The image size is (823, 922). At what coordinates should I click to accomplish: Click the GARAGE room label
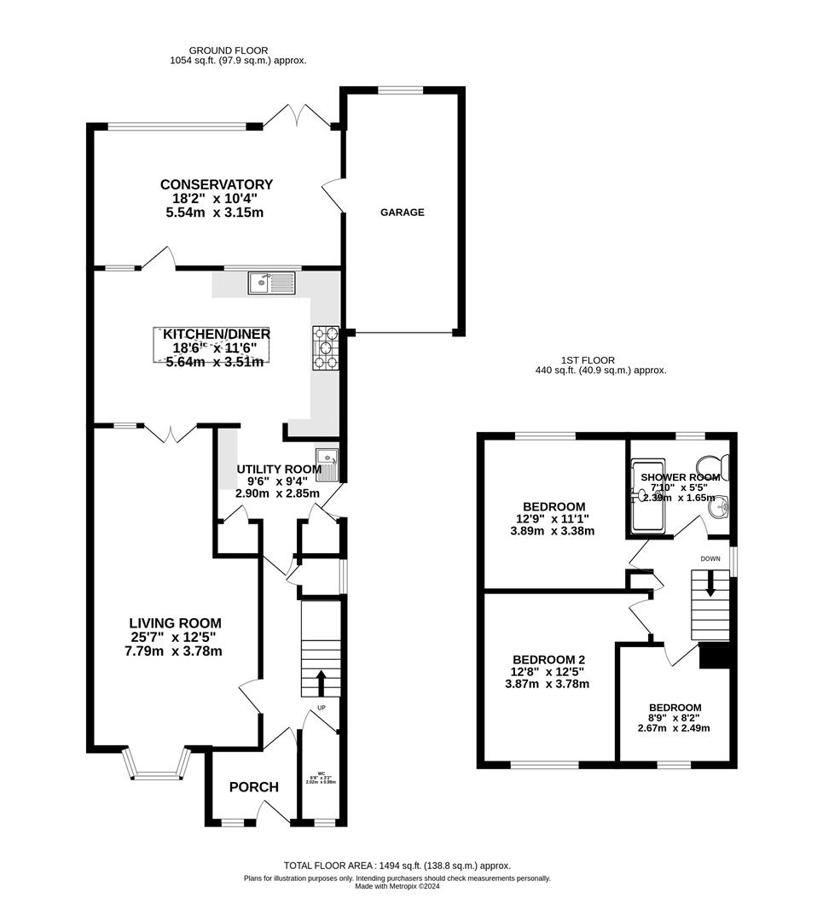click(402, 213)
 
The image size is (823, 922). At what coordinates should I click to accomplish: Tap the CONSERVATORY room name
click(216, 184)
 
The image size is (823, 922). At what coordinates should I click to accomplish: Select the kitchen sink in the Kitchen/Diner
click(270, 283)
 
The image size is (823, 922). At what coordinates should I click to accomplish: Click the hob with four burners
click(325, 348)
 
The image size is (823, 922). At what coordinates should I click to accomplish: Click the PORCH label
click(253, 786)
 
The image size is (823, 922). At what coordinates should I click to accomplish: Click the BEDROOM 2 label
click(548, 660)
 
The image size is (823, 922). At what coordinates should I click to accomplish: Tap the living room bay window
click(154, 765)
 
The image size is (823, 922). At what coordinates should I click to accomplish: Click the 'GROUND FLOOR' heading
click(222, 50)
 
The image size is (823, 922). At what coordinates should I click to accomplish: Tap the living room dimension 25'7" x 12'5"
click(174, 638)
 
